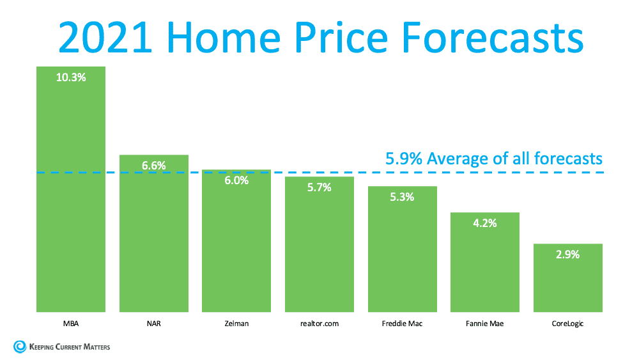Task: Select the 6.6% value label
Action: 154,166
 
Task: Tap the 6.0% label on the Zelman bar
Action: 236,181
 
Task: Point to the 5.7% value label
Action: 319,187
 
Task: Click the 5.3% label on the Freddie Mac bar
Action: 402,197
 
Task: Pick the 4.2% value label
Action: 484,223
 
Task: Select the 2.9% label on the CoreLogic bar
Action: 567,254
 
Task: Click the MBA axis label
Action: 71,324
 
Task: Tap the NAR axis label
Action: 154,324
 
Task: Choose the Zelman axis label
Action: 236,324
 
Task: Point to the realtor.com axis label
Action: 319,324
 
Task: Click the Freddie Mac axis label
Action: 402,324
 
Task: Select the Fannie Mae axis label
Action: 484,324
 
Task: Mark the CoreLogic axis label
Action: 567,324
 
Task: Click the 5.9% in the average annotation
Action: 404,158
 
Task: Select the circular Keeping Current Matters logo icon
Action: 19,347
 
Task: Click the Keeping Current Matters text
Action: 70,347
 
